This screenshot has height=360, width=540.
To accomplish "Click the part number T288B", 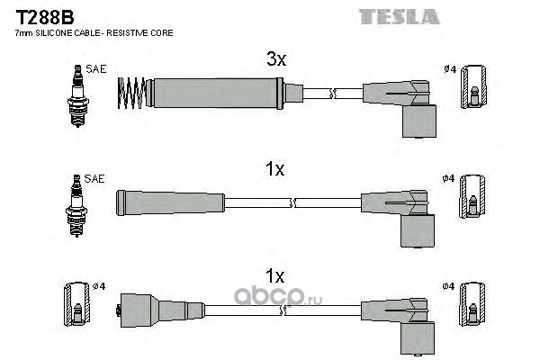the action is [45, 17].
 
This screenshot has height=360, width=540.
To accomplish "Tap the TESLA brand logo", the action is [399, 16].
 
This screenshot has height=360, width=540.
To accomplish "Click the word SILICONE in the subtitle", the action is [54, 33].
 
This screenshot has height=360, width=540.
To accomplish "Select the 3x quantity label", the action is [276, 58].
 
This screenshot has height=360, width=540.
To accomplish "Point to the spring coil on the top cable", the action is [131, 93].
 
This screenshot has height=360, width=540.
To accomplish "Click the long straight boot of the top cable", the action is [215, 93].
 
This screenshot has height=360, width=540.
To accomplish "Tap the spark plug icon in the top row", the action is [78, 95].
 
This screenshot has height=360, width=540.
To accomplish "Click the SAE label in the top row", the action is [96, 69].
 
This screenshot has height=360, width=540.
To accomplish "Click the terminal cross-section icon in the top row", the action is [474, 86].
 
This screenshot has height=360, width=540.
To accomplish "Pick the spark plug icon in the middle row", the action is [76, 206].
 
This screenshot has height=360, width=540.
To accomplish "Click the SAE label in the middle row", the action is [94, 178].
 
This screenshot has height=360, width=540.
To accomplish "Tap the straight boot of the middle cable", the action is [170, 202].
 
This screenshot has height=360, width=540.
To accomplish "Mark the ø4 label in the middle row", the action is [448, 178].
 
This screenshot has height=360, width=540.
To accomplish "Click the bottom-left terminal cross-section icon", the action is [77, 304].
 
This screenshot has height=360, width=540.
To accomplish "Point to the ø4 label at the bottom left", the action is [99, 286].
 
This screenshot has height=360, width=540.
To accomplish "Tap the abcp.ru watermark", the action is [278, 297].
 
